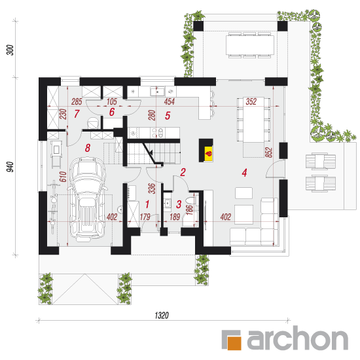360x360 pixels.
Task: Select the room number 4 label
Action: tap(244, 173)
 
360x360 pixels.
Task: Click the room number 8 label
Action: tap(88, 148)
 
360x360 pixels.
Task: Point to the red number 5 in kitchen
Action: tap(168, 116)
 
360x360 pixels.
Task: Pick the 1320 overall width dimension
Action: tap(162, 315)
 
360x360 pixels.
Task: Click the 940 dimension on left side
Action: tap(10, 167)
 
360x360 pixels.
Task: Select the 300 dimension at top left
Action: tap(10, 50)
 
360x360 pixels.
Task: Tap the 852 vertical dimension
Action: tap(268, 153)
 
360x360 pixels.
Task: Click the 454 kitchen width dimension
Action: tap(170, 101)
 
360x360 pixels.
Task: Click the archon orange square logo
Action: tap(234, 343)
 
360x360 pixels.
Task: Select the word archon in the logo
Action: tap(298, 338)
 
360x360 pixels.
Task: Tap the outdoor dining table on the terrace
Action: tap(250, 45)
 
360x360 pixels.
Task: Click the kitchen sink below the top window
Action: tap(158, 92)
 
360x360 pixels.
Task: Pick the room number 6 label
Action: tap(111, 112)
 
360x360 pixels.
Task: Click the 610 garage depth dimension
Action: tap(63, 177)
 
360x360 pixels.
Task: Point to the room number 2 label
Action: tap(183, 172)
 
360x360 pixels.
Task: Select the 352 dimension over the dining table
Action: tap(251, 101)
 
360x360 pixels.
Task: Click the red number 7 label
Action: tap(77, 114)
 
